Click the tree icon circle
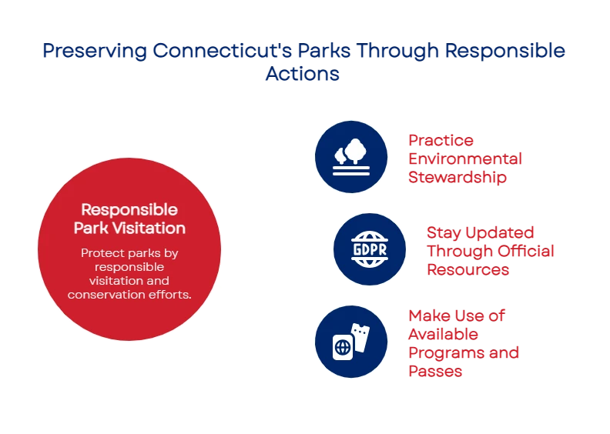[350, 156]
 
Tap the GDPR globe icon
[369, 249]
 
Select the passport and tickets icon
[350, 342]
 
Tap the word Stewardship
[457, 177]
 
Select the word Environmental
[465, 159]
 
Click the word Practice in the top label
[441, 140]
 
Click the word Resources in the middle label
[468, 269]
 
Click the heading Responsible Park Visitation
[129, 219]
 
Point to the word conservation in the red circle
[102, 294]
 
